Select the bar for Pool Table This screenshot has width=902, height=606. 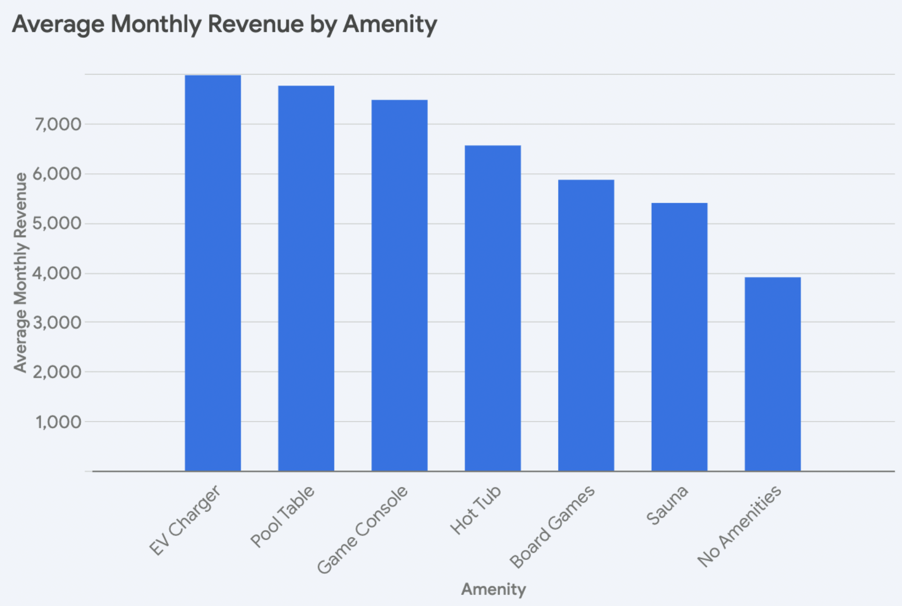(x=306, y=278)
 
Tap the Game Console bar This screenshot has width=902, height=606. (x=399, y=285)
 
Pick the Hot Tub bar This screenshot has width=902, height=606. (x=492, y=308)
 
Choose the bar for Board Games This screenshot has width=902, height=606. (x=586, y=325)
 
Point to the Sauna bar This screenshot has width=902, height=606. (x=679, y=337)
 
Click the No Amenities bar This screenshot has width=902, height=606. (x=772, y=374)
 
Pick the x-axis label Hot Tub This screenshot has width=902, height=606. (x=475, y=510)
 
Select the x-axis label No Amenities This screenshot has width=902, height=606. (x=740, y=526)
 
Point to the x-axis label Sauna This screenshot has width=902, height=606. (x=667, y=505)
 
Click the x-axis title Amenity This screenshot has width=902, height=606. (x=493, y=589)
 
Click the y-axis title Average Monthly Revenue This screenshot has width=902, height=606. (x=20, y=272)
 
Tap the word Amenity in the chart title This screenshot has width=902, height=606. (x=390, y=24)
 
